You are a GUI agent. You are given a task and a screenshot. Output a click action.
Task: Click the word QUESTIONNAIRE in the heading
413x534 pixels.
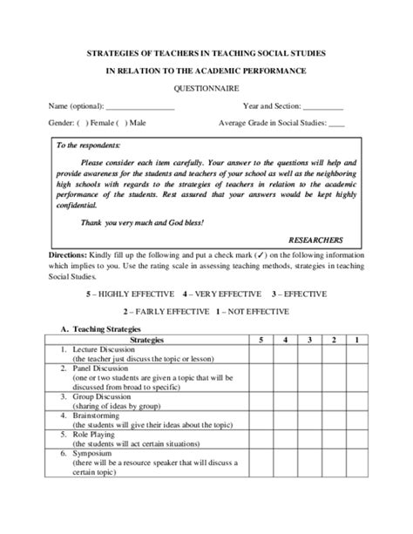tap(206, 88)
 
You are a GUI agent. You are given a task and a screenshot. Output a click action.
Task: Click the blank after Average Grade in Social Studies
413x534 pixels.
tap(337, 124)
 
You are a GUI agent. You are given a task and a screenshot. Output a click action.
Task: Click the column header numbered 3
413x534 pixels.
tap(310, 338)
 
